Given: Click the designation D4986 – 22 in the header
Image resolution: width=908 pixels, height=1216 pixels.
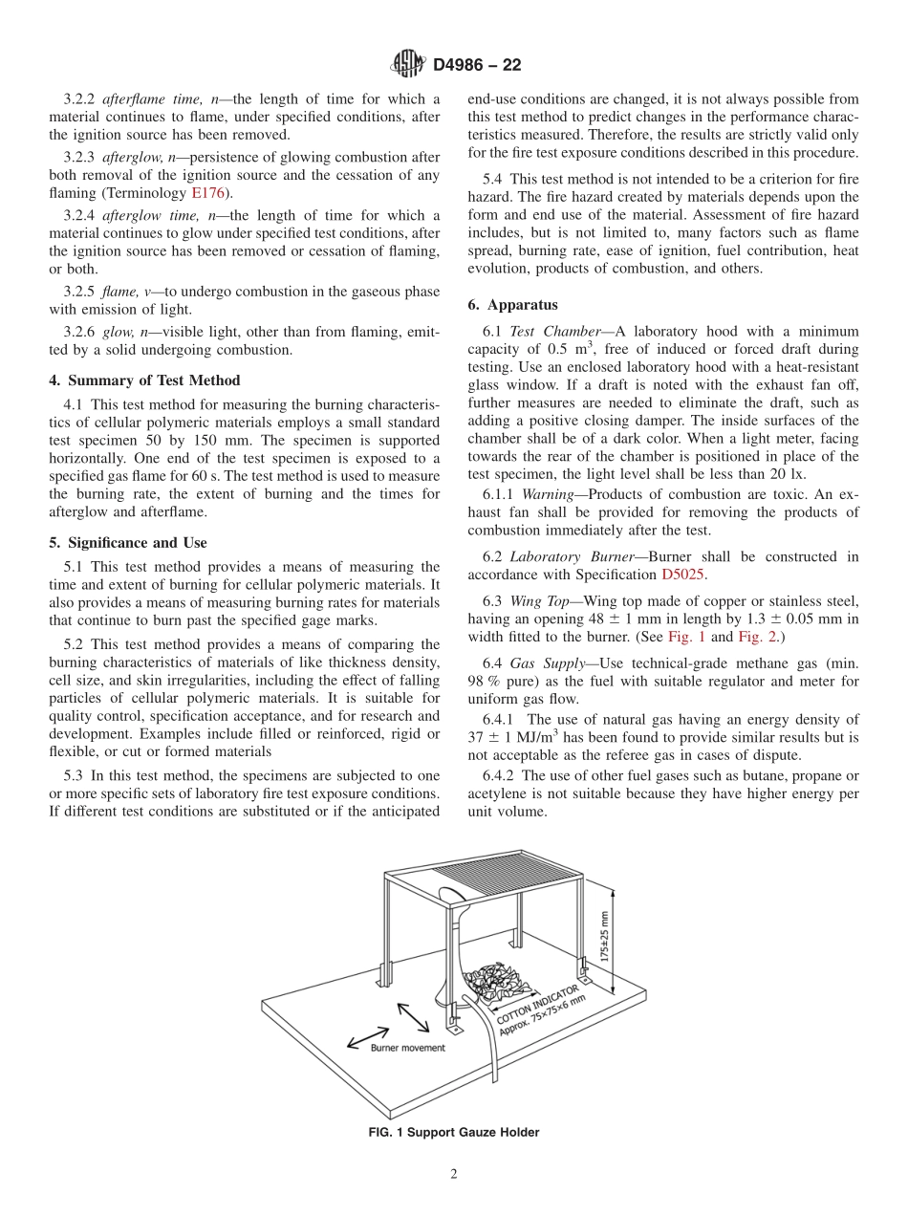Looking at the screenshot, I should [x=477, y=65].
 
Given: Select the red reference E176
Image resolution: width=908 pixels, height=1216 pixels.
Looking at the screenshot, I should [x=207, y=192].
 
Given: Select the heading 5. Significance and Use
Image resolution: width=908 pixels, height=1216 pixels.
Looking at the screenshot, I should [x=127, y=543].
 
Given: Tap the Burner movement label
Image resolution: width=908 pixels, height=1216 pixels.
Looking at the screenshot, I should [x=407, y=1048].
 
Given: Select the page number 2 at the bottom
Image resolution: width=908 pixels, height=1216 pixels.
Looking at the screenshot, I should [x=454, y=1175].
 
